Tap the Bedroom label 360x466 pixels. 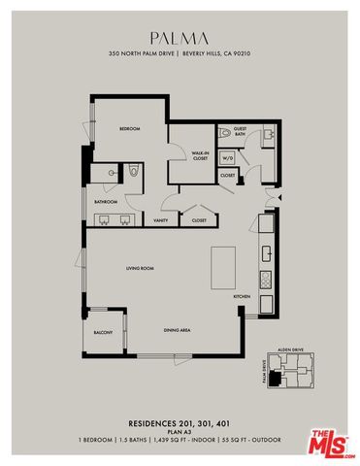pos(130,129)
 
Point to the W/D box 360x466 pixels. pos(228,157)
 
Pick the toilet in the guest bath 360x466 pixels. pos(224,130)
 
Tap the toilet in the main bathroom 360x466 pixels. pos(135,171)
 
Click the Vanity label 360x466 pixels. pos(160,220)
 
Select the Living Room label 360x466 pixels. pos(141,267)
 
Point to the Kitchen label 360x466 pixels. pos(243,296)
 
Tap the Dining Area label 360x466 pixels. pos(176,331)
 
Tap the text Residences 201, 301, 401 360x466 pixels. pos(180,423)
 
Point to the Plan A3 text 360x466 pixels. pos(180,432)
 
